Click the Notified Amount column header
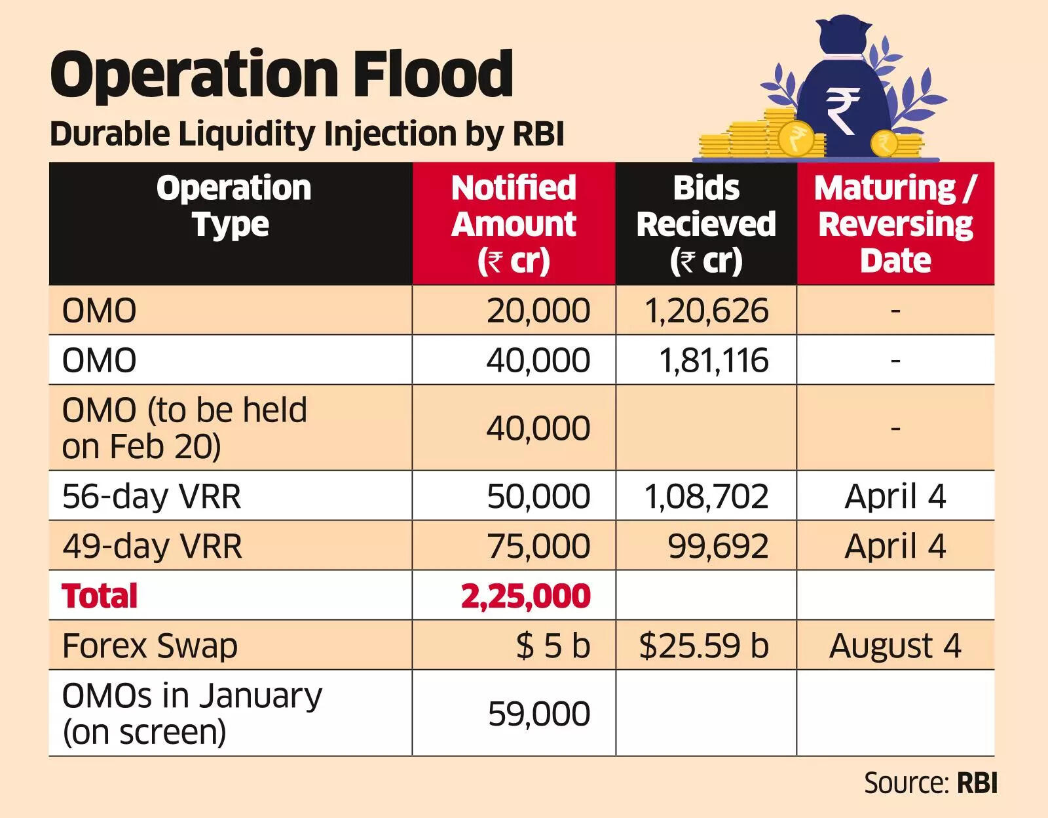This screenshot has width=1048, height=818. point(514,224)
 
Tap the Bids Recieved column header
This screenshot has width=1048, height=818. point(706,224)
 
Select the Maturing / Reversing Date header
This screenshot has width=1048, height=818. point(895,224)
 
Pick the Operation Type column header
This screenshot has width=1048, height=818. point(233,206)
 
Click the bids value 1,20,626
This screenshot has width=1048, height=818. point(706,311)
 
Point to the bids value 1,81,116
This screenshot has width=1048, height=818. point(713,360)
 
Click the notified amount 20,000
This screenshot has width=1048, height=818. point(538,311)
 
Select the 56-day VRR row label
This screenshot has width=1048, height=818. point(151,496)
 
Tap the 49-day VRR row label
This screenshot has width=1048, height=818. point(152,546)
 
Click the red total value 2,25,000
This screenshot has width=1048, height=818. point(525,596)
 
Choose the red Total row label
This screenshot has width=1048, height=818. point(100,596)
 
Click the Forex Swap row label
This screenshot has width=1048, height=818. point(149,646)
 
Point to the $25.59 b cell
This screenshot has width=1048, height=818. point(703,646)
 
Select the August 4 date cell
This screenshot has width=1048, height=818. point(895,646)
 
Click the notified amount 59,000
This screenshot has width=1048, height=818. point(538,714)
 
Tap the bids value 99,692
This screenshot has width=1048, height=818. point(718,546)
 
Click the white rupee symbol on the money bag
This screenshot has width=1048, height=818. point(843,111)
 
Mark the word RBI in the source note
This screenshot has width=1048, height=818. point(977,783)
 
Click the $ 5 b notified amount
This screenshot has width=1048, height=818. point(553,646)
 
